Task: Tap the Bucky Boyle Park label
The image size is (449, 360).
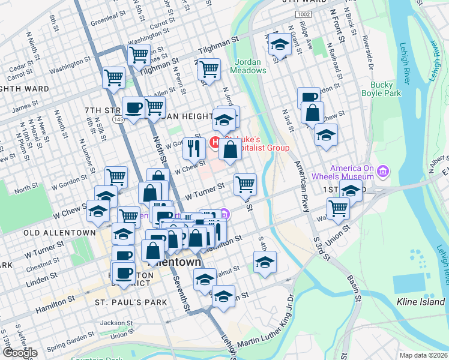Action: [x=381, y=89]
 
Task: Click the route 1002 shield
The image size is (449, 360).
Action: [x=303, y=14]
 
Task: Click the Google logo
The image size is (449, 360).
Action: [x=19, y=353]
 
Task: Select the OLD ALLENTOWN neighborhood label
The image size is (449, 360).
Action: [x=59, y=232]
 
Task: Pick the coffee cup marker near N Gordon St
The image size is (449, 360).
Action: [x=309, y=97]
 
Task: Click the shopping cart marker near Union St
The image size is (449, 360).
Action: [x=339, y=208]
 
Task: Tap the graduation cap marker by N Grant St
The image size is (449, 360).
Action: [x=279, y=44]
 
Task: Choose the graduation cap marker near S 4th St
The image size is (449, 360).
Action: [x=265, y=261]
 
